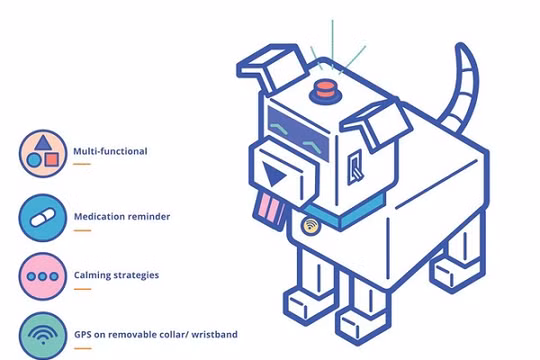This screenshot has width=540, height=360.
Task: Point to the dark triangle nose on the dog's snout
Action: [x=273, y=178]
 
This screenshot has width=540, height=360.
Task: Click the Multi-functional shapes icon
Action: [x=42, y=152]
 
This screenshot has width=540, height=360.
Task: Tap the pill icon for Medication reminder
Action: [x=42, y=216]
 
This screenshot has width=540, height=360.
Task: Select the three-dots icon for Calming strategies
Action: [x=42, y=275]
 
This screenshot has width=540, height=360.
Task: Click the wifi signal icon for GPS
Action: [x=42, y=334]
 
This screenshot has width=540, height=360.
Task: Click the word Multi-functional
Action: [x=110, y=152]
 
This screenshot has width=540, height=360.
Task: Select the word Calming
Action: [x=93, y=275]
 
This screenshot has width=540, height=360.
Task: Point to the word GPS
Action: [x=83, y=334]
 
